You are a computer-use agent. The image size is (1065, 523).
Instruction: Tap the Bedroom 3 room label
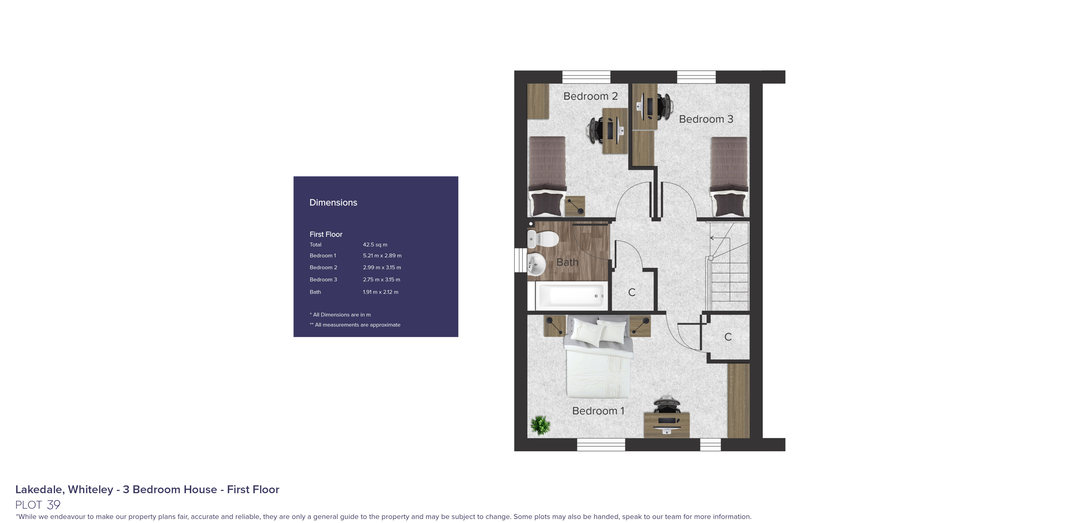[706, 119]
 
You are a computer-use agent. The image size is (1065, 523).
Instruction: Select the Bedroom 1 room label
[598, 411]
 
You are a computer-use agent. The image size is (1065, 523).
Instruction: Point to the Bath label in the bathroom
[567, 262]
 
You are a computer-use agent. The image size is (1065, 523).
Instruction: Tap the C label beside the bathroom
[631, 292]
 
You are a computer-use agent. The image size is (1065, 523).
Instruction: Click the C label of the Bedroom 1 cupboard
[728, 337]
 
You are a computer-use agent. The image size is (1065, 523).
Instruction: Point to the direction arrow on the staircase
[713, 238]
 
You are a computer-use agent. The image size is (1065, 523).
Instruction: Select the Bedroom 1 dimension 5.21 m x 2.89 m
[382, 256]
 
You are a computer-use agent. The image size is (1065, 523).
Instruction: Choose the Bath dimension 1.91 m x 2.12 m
[380, 292]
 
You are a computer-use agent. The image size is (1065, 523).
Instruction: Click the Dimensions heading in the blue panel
[333, 203]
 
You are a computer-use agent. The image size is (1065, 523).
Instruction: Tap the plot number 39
[54, 505]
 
